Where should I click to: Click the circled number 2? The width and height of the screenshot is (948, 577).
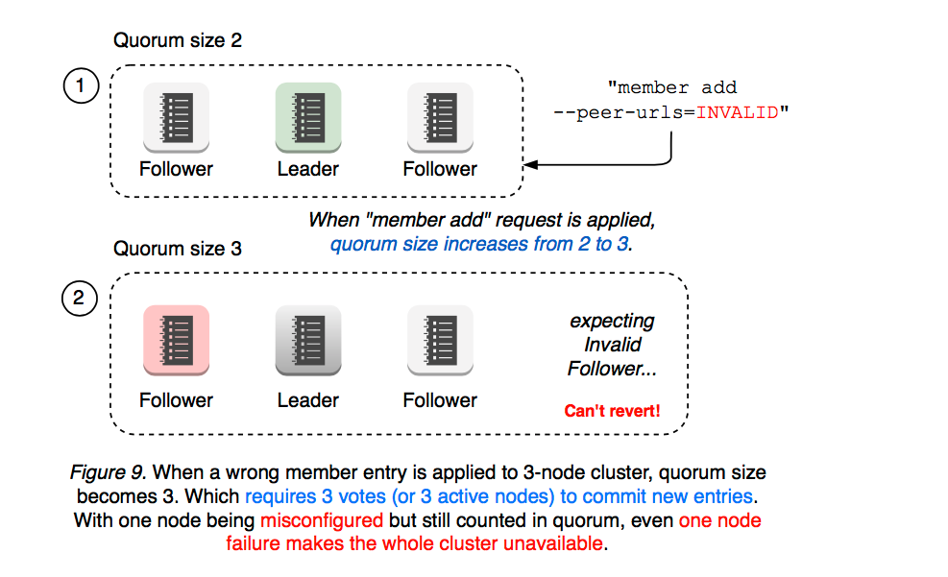pyautogui.click(x=81, y=299)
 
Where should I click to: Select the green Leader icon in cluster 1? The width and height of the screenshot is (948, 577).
pyautogui.click(x=308, y=117)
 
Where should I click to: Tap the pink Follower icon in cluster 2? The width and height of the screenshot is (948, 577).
pyautogui.click(x=176, y=339)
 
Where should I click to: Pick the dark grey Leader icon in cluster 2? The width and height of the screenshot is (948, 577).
pyautogui.click(x=308, y=339)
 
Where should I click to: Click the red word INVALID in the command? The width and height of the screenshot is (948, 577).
pyautogui.click(x=738, y=112)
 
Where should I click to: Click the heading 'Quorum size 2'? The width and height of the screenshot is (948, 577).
pyautogui.click(x=178, y=40)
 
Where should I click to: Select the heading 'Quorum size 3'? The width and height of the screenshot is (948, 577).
pyautogui.click(x=178, y=249)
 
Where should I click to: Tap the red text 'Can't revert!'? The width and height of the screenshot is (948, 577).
pyautogui.click(x=612, y=412)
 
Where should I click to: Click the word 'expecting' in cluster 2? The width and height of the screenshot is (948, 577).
pyautogui.click(x=612, y=321)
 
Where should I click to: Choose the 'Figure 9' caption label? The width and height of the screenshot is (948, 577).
pyautogui.click(x=108, y=473)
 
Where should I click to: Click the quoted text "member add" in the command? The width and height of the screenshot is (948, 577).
pyautogui.click(x=671, y=88)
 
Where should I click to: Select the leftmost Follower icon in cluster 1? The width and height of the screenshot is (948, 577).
pyautogui.click(x=176, y=117)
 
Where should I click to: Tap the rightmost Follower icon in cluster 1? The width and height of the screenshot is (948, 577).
pyautogui.click(x=440, y=117)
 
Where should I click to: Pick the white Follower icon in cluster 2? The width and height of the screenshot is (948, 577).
pyautogui.click(x=440, y=339)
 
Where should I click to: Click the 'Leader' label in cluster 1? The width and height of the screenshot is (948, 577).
pyautogui.click(x=308, y=169)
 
